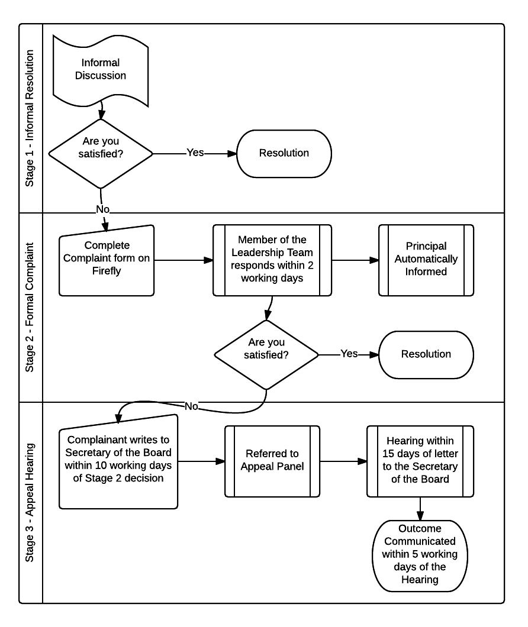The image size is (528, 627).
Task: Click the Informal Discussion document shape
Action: pos(101,70)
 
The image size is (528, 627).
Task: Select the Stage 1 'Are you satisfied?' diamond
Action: pos(101,154)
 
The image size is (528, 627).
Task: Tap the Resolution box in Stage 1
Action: pos(284,154)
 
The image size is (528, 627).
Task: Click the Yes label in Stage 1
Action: pos(195,153)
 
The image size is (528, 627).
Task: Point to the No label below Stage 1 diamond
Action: pos(102,209)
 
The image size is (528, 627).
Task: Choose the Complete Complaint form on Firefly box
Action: pos(107,260)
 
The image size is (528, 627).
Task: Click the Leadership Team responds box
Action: pos(272,260)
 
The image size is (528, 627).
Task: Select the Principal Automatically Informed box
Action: pos(426,260)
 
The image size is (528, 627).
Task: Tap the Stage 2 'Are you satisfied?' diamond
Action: pos(266,355)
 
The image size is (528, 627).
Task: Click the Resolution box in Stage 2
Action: pos(426,355)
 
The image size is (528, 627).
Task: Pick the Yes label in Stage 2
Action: pos(349,354)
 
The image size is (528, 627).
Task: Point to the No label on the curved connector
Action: pos(191,406)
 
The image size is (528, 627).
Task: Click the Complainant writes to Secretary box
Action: pos(118,462)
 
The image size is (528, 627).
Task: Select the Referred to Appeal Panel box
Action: pos(272,461)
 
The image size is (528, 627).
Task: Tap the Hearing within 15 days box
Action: pos(420,461)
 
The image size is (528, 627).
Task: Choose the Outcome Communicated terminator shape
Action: pos(420,556)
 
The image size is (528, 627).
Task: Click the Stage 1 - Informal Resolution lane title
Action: pos(30,118)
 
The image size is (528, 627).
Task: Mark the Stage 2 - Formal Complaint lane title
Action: pos(30,307)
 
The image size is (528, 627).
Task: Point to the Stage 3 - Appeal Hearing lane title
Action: pos(30,502)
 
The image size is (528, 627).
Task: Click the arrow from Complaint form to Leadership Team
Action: pos(183,260)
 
